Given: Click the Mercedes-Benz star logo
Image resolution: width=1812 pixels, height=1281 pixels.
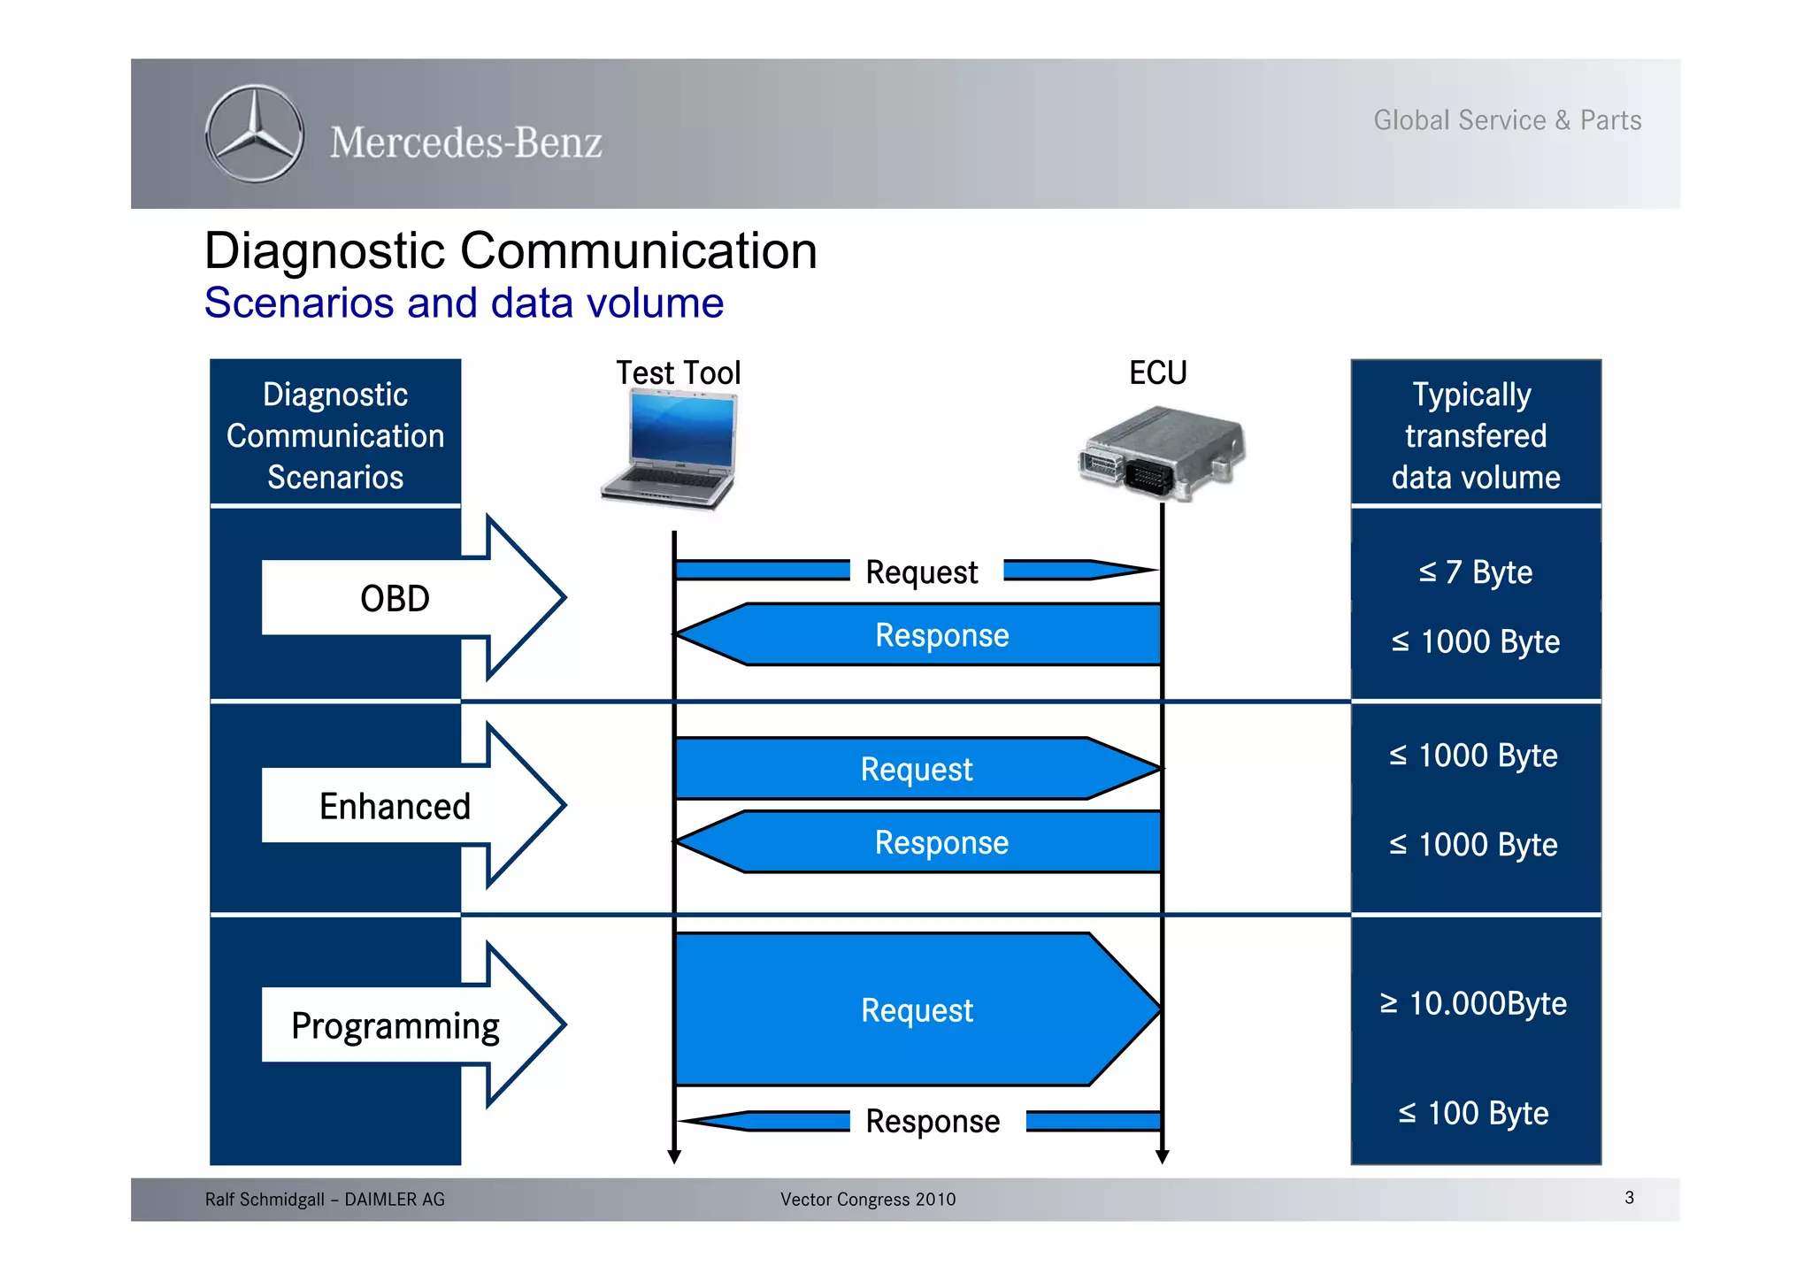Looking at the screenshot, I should (255, 134).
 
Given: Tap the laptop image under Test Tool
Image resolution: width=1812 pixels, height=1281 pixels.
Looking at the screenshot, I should (671, 449).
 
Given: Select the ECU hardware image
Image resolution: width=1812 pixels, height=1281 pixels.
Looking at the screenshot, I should (1162, 451).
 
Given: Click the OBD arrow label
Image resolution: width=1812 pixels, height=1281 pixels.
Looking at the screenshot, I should (395, 599).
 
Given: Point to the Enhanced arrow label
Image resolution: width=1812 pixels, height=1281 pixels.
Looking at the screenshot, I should (395, 806).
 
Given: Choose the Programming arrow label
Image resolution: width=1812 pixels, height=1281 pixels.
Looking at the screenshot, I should (395, 1025).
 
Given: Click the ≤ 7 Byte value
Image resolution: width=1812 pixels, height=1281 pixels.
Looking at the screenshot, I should (1475, 572).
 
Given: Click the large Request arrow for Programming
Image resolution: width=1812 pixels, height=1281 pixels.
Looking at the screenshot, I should (917, 1010).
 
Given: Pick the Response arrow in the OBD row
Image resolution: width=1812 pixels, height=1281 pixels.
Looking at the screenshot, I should (941, 635).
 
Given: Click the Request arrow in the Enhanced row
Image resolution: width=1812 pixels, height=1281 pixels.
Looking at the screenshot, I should (917, 769).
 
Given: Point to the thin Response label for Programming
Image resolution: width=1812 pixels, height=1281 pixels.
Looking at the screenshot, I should (933, 1121).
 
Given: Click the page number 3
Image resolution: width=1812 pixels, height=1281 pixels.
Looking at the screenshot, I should (1629, 1198).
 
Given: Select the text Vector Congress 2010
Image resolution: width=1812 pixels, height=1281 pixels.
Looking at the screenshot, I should (867, 1200).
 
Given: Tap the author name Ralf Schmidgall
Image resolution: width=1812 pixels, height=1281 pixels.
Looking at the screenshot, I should (265, 1200).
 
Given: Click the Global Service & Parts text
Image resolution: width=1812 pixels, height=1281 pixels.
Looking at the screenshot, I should (1507, 120).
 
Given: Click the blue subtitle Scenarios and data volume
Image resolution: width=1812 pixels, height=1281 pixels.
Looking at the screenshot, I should (464, 303).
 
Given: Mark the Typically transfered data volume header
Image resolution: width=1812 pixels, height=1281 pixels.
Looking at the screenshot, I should (1475, 435).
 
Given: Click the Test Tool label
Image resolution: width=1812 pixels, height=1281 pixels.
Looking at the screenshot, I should (678, 372).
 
